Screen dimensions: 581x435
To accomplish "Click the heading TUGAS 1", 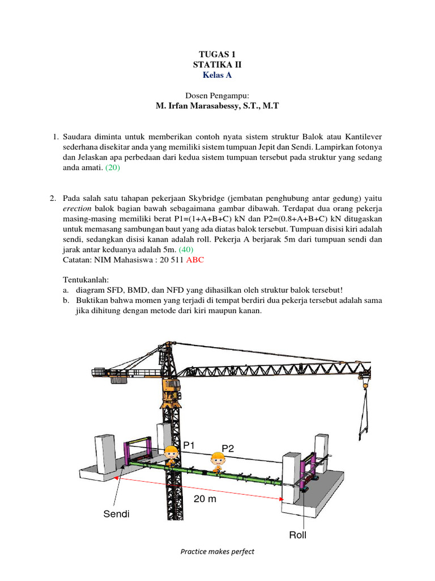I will [217, 54].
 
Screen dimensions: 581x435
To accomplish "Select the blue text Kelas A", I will [217, 74].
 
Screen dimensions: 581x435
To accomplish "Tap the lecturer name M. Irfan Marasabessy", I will [217, 106].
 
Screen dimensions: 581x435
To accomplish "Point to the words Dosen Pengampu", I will [217, 95].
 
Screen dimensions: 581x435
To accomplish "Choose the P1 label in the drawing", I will [190, 446].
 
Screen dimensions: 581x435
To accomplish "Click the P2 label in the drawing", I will [228, 449].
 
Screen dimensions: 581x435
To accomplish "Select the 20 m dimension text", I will [204, 500].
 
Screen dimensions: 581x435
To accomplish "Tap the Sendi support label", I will [116, 514].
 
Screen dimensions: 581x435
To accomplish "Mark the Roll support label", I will [298, 535].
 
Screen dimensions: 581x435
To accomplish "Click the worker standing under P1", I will [170, 456].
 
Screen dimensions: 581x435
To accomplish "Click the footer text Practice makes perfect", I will [217, 551].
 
